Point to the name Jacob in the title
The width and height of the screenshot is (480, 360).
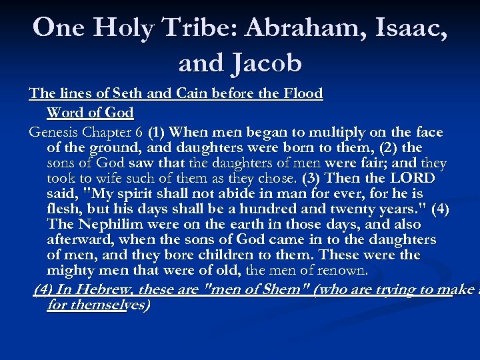[x=267, y=63]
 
